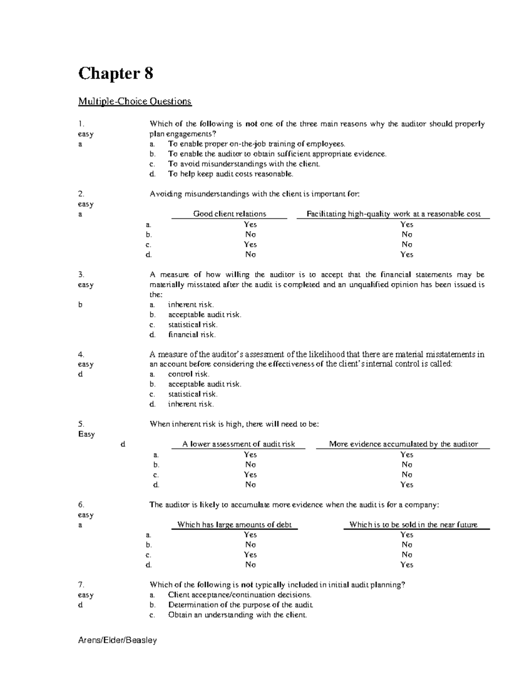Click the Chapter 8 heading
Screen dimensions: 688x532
[x=116, y=73]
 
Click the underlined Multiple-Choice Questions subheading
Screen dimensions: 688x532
[x=135, y=101]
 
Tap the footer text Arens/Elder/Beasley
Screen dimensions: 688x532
[x=117, y=640]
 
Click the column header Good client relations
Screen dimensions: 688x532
[x=229, y=214]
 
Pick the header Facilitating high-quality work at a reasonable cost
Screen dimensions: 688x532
[x=393, y=214]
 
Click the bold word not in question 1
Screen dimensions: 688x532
[x=251, y=124]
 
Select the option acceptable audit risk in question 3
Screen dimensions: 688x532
[x=204, y=315]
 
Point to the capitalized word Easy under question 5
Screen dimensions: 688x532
[x=86, y=434]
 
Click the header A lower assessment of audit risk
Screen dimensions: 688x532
[x=239, y=444]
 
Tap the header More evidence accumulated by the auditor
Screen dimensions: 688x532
[x=403, y=444]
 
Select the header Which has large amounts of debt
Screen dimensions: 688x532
[x=234, y=525]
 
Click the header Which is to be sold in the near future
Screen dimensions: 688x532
[x=413, y=525]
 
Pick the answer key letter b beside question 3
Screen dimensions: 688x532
[x=80, y=305]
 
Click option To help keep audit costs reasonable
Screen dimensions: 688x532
[x=231, y=174]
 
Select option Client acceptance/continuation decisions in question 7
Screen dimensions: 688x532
[x=239, y=595]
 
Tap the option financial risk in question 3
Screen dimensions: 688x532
[x=192, y=335]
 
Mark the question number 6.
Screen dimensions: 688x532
[x=81, y=505]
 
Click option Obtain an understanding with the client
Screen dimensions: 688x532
[x=237, y=615]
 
